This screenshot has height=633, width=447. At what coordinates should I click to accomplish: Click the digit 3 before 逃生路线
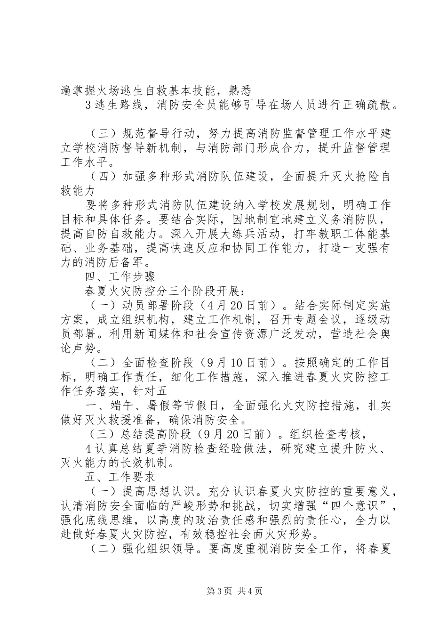tap(88, 105)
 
